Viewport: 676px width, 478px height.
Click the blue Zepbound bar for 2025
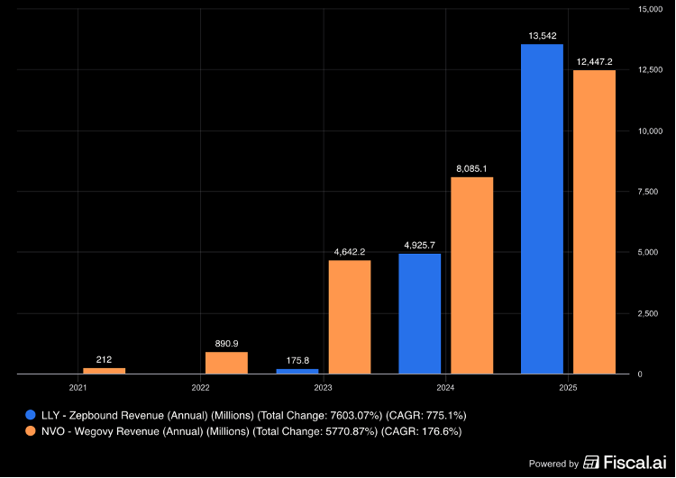pyautogui.click(x=542, y=209)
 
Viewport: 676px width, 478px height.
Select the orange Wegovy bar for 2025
pyautogui.click(x=594, y=222)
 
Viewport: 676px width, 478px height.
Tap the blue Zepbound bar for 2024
pyautogui.click(x=419, y=314)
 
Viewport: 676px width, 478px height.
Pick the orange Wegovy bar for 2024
pyautogui.click(x=471, y=275)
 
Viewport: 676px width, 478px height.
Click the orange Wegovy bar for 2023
pyautogui.click(x=350, y=317)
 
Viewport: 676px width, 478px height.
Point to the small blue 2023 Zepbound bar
pyautogui.click(x=297, y=371)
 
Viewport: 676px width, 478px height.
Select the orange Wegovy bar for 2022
pyautogui.click(x=226, y=363)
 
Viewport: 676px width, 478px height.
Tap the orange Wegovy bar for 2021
pyautogui.click(x=104, y=371)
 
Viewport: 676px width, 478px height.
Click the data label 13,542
pyautogui.click(x=543, y=36)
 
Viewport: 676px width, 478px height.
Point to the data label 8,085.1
pyautogui.click(x=471, y=169)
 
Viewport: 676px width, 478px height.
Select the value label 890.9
pyautogui.click(x=226, y=344)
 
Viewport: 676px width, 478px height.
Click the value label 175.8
pyautogui.click(x=297, y=360)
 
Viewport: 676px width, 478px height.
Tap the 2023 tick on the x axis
pyautogui.click(x=323, y=388)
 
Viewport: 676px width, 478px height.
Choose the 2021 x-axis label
pyautogui.click(x=78, y=388)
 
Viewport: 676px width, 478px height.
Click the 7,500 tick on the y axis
pyautogui.click(x=648, y=192)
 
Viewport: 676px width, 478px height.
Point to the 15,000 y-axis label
pyautogui.click(x=650, y=9)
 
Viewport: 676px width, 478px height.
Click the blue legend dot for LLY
pyautogui.click(x=30, y=415)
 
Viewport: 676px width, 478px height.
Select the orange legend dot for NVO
pyautogui.click(x=30, y=431)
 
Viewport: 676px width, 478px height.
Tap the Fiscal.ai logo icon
pyautogui.click(x=591, y=462)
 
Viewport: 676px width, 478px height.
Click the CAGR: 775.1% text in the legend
pyautogui.click(x=426, y=416)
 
